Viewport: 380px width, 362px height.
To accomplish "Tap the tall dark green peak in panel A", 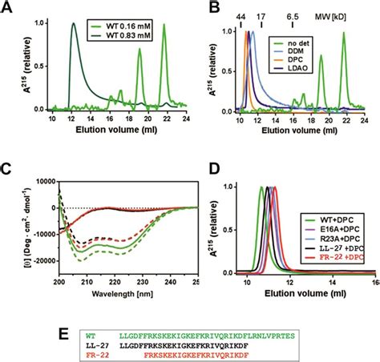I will pos(74,26).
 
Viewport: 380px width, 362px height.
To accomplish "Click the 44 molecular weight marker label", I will pos(241,15).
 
